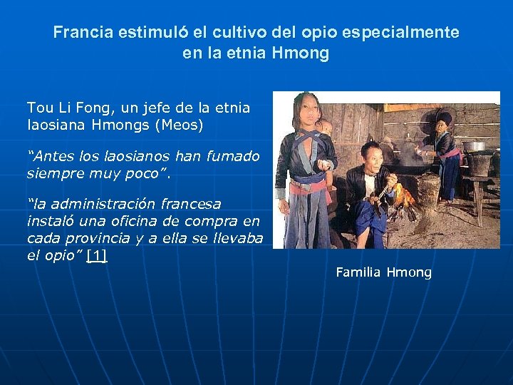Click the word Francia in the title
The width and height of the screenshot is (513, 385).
pos(79,33)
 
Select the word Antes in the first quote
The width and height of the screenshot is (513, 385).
pos(50,156)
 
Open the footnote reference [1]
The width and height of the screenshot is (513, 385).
pos(96,255)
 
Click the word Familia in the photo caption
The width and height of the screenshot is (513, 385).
pos(359,272)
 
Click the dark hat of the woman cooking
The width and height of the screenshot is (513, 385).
pos(444,115)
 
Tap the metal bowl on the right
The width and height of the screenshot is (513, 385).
pos(474,146)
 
